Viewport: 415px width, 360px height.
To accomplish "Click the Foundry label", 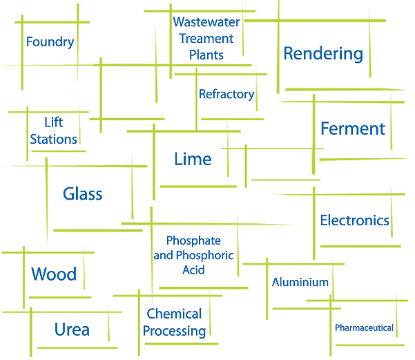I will click(x=50, y=42).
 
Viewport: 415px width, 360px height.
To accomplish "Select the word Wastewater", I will click(x=206, y=22).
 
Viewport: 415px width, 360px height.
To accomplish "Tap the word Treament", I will click(x=206, y=39).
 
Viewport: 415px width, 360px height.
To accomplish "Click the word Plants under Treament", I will click(x=206, y=55).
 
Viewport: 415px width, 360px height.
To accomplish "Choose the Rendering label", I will click(x=323, y=53).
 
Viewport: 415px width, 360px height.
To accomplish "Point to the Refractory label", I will click(x=226, y=94).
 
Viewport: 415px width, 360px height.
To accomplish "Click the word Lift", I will click(x=53, y=122).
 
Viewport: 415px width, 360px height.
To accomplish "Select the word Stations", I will click(x=53, y=139).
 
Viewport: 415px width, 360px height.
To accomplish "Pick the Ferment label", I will click(x=353, y=129).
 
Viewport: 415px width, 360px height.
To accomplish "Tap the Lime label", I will click(x=193, y=160).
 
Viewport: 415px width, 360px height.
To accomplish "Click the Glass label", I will click(x=83, y=193).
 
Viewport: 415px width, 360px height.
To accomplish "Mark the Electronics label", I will click(x=355, y=221).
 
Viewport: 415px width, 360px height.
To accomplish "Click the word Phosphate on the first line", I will click(x=193, y=240).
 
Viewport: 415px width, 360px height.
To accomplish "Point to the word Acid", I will click(x=193, y=270).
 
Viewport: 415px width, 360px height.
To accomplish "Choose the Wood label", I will click(x=54, y=274).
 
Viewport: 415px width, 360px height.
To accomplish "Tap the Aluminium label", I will click(x=300, y=282).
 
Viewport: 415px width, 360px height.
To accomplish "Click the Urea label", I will click(x=72, y=329).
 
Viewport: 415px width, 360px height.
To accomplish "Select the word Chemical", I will click(x=174, y=314).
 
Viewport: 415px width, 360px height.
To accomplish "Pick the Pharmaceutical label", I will click(x=364, y=328).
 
